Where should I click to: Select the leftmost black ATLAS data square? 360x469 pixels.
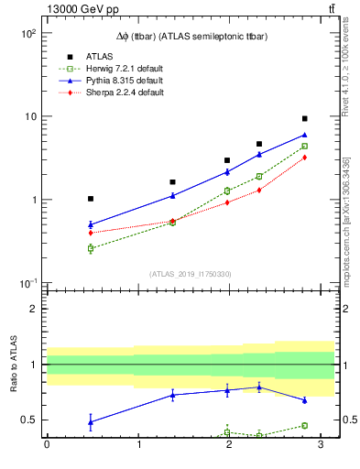91,199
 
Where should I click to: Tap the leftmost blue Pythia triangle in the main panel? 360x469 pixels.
91,224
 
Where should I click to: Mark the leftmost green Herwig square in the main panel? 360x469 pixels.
91,248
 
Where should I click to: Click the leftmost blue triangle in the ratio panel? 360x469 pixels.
91,421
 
